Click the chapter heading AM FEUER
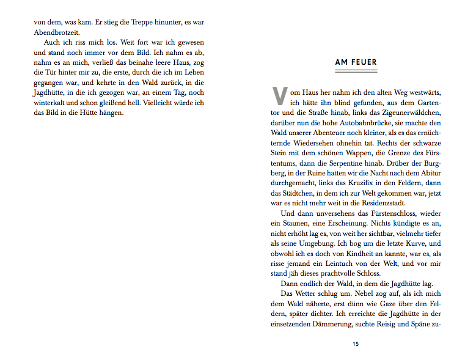pos(356,62)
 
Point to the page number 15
pos(356,344)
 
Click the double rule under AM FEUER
pos(356,71)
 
